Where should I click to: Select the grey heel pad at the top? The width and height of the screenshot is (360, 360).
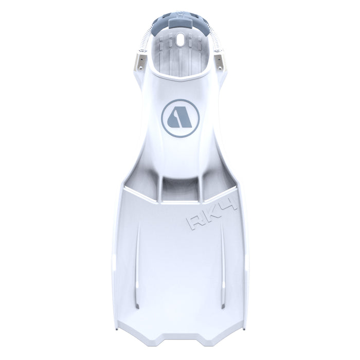179,24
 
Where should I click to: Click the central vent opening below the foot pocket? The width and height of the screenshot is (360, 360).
179,187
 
